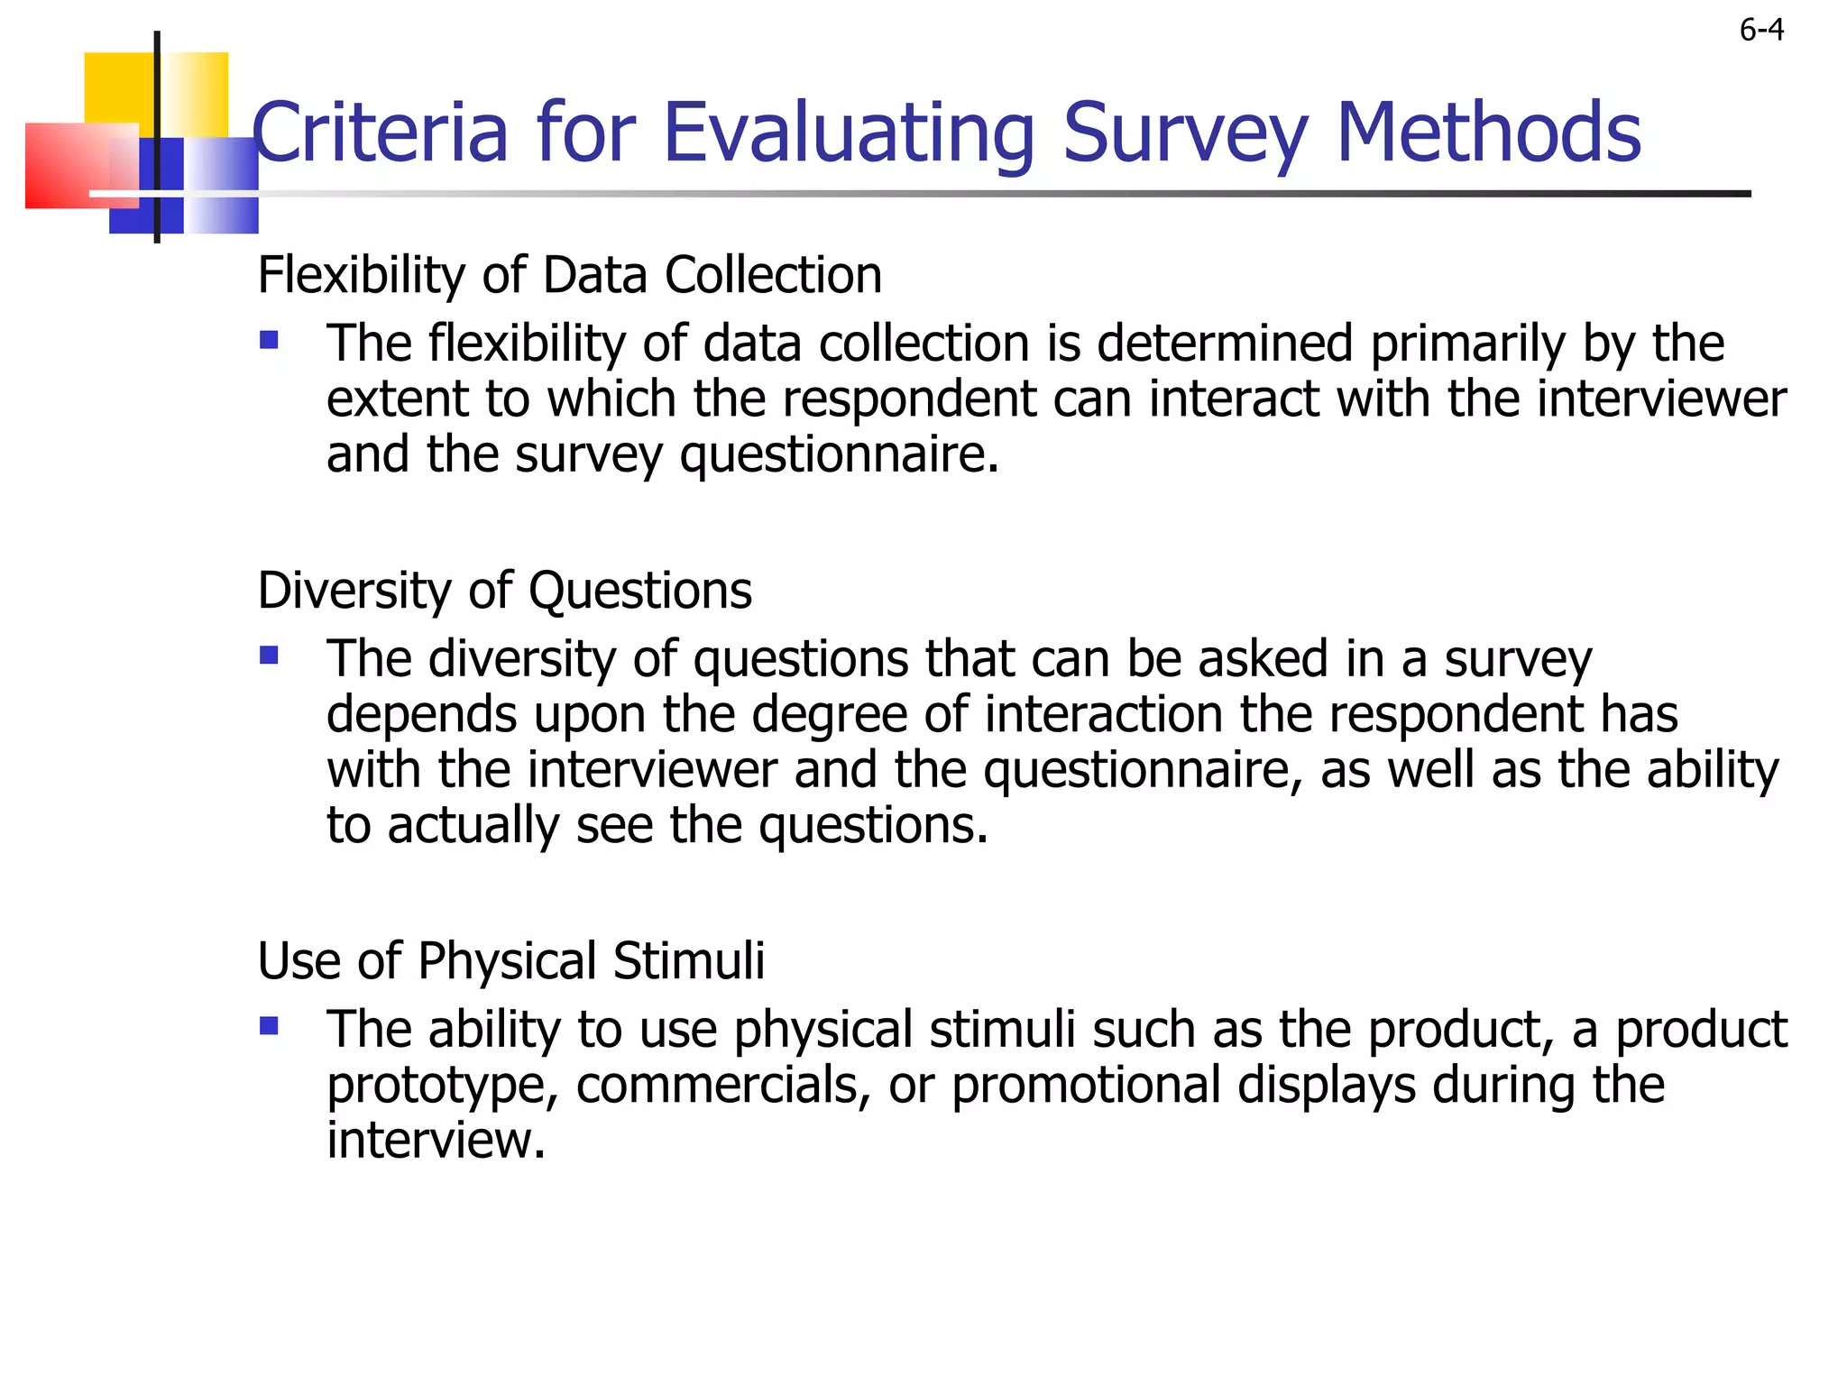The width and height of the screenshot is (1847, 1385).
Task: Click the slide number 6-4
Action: coord(1761,31)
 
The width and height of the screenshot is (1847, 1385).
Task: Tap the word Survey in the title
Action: coord(1185,133)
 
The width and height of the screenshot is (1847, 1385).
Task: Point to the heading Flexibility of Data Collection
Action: coord(569,275)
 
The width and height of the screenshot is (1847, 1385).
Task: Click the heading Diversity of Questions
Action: coord(504,591)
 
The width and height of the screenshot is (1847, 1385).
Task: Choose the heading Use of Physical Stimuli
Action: coord(510,960)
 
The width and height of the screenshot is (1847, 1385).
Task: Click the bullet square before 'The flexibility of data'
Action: coord(269,340)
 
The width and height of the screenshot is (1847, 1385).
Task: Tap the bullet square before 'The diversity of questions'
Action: coord(269,655)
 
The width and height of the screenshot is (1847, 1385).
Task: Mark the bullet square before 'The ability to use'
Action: coord(269,1025)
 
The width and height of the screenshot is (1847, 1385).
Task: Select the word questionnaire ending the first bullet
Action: coord(839,455)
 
